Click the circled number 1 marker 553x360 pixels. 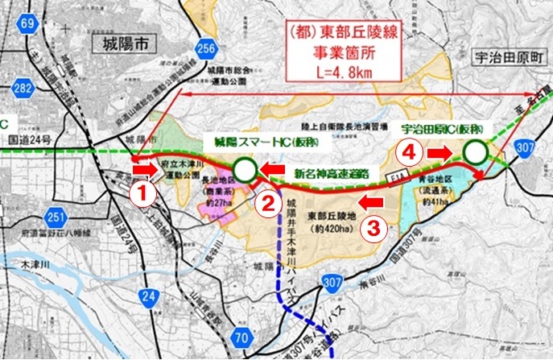click(x=142, y=193)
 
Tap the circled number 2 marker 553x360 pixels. click(x=267, y=205)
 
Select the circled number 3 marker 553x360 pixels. click(x=373, y=227)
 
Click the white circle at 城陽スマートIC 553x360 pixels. click(x=246, y=168)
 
